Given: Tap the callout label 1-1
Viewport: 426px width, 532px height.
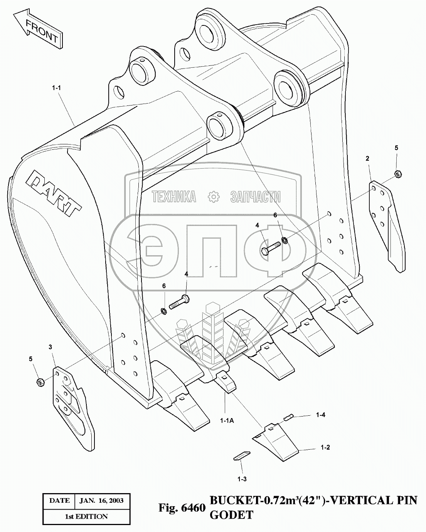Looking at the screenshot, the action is [x=56, y=88].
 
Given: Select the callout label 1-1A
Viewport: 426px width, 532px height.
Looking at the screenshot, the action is [x=226, y=420].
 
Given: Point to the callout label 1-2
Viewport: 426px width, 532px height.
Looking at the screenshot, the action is [x=325, y=447].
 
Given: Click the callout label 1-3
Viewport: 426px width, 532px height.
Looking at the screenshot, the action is [x=242, y=479].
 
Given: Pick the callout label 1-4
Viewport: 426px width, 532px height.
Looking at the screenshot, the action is [x=320, y=415].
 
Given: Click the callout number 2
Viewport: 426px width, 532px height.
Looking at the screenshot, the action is [x=367, y=158].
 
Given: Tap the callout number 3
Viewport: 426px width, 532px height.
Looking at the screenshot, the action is [x=50, y=347].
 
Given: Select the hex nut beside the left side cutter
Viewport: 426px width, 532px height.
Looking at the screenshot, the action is [x=39, y=382].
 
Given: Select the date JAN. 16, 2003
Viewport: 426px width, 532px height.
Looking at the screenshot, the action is [x=101, y=500].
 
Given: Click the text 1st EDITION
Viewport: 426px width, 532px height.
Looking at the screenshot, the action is [x=86, y=516].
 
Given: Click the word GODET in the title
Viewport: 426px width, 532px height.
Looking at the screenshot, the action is [x=231, y=515].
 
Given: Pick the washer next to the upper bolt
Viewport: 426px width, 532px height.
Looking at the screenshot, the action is [x=285, y=241].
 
